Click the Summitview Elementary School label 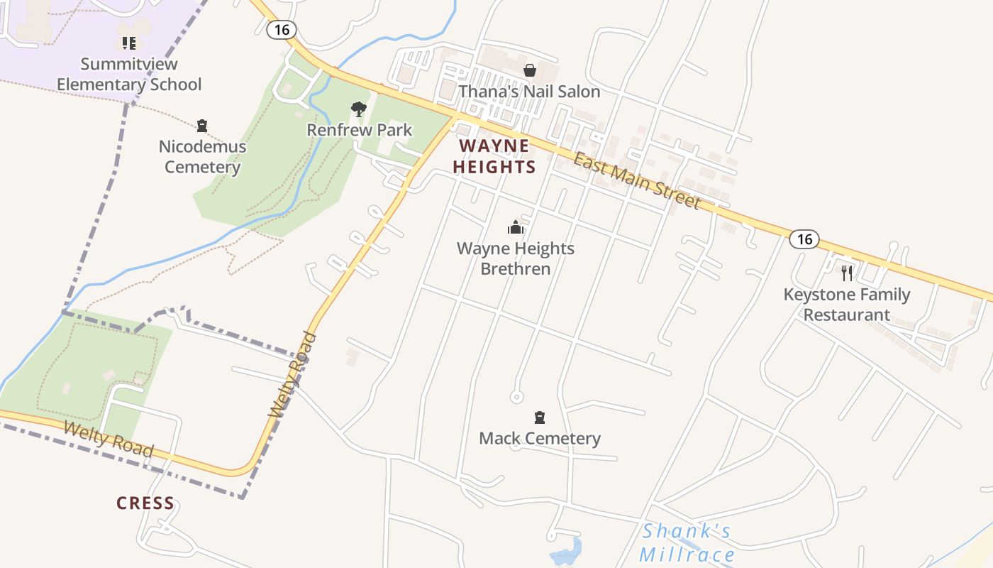[129, 74]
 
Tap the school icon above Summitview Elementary [128, 43]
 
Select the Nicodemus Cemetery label [202, 157]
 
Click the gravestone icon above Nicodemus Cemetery [202, 126]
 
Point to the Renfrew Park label [359, 130]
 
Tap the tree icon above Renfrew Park [359, 109]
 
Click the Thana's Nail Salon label [529, 92]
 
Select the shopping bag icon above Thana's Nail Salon [529, 70]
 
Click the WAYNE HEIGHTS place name [494, 156]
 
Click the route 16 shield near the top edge [282, 30]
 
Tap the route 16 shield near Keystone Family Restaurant [804, 239]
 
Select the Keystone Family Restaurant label [847, 305]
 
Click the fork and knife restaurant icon [847, 273]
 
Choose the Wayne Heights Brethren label [516, 258]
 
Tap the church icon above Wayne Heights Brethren [515, 227]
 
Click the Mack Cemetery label [540, 438]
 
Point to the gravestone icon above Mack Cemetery [540, 417]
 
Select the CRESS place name [145, 503]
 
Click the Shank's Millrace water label [686, 542]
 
